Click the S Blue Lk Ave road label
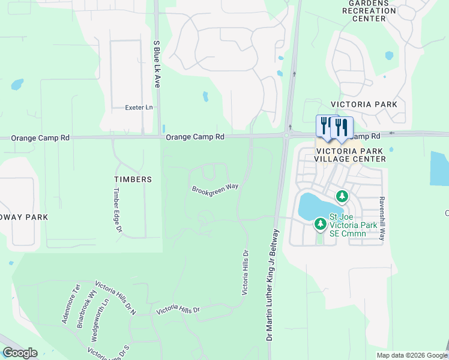(x=157, y=64)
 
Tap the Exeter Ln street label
(x=139, y=107)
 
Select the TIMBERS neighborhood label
(x=133, y=179)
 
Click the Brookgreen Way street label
(x=215, y=188)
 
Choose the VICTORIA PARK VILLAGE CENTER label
(x=351, y=154)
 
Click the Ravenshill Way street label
(x=381, y=218)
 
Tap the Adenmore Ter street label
(x=71, y=304)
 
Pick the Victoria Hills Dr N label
(x=116, y=297)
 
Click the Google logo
(x=20, y=353)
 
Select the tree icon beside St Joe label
(x=321, y=224)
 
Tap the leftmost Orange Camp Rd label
(x=40, y=138)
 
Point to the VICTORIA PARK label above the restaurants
(x=368, y=104)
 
